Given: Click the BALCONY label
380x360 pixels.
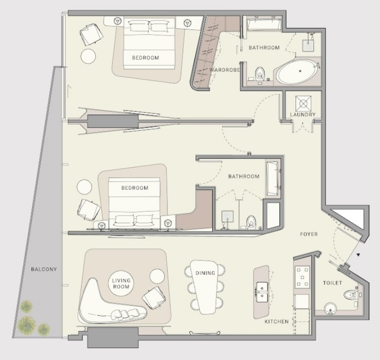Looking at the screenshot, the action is click(43, 269).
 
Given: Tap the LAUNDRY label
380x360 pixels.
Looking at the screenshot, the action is click(303, 114).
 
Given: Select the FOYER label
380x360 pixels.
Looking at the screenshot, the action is click(309, 234).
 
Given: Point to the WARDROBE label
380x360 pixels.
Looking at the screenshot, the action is click(225, 70).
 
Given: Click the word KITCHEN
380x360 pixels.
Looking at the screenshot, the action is click(277, 321).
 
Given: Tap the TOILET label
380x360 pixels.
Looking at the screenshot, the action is click(333, 283).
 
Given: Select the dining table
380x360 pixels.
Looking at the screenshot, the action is click(205, 287).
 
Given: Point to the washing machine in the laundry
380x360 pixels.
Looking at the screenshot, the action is click(303, 104).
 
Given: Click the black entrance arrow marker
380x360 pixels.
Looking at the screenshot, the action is click(358, 255).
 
